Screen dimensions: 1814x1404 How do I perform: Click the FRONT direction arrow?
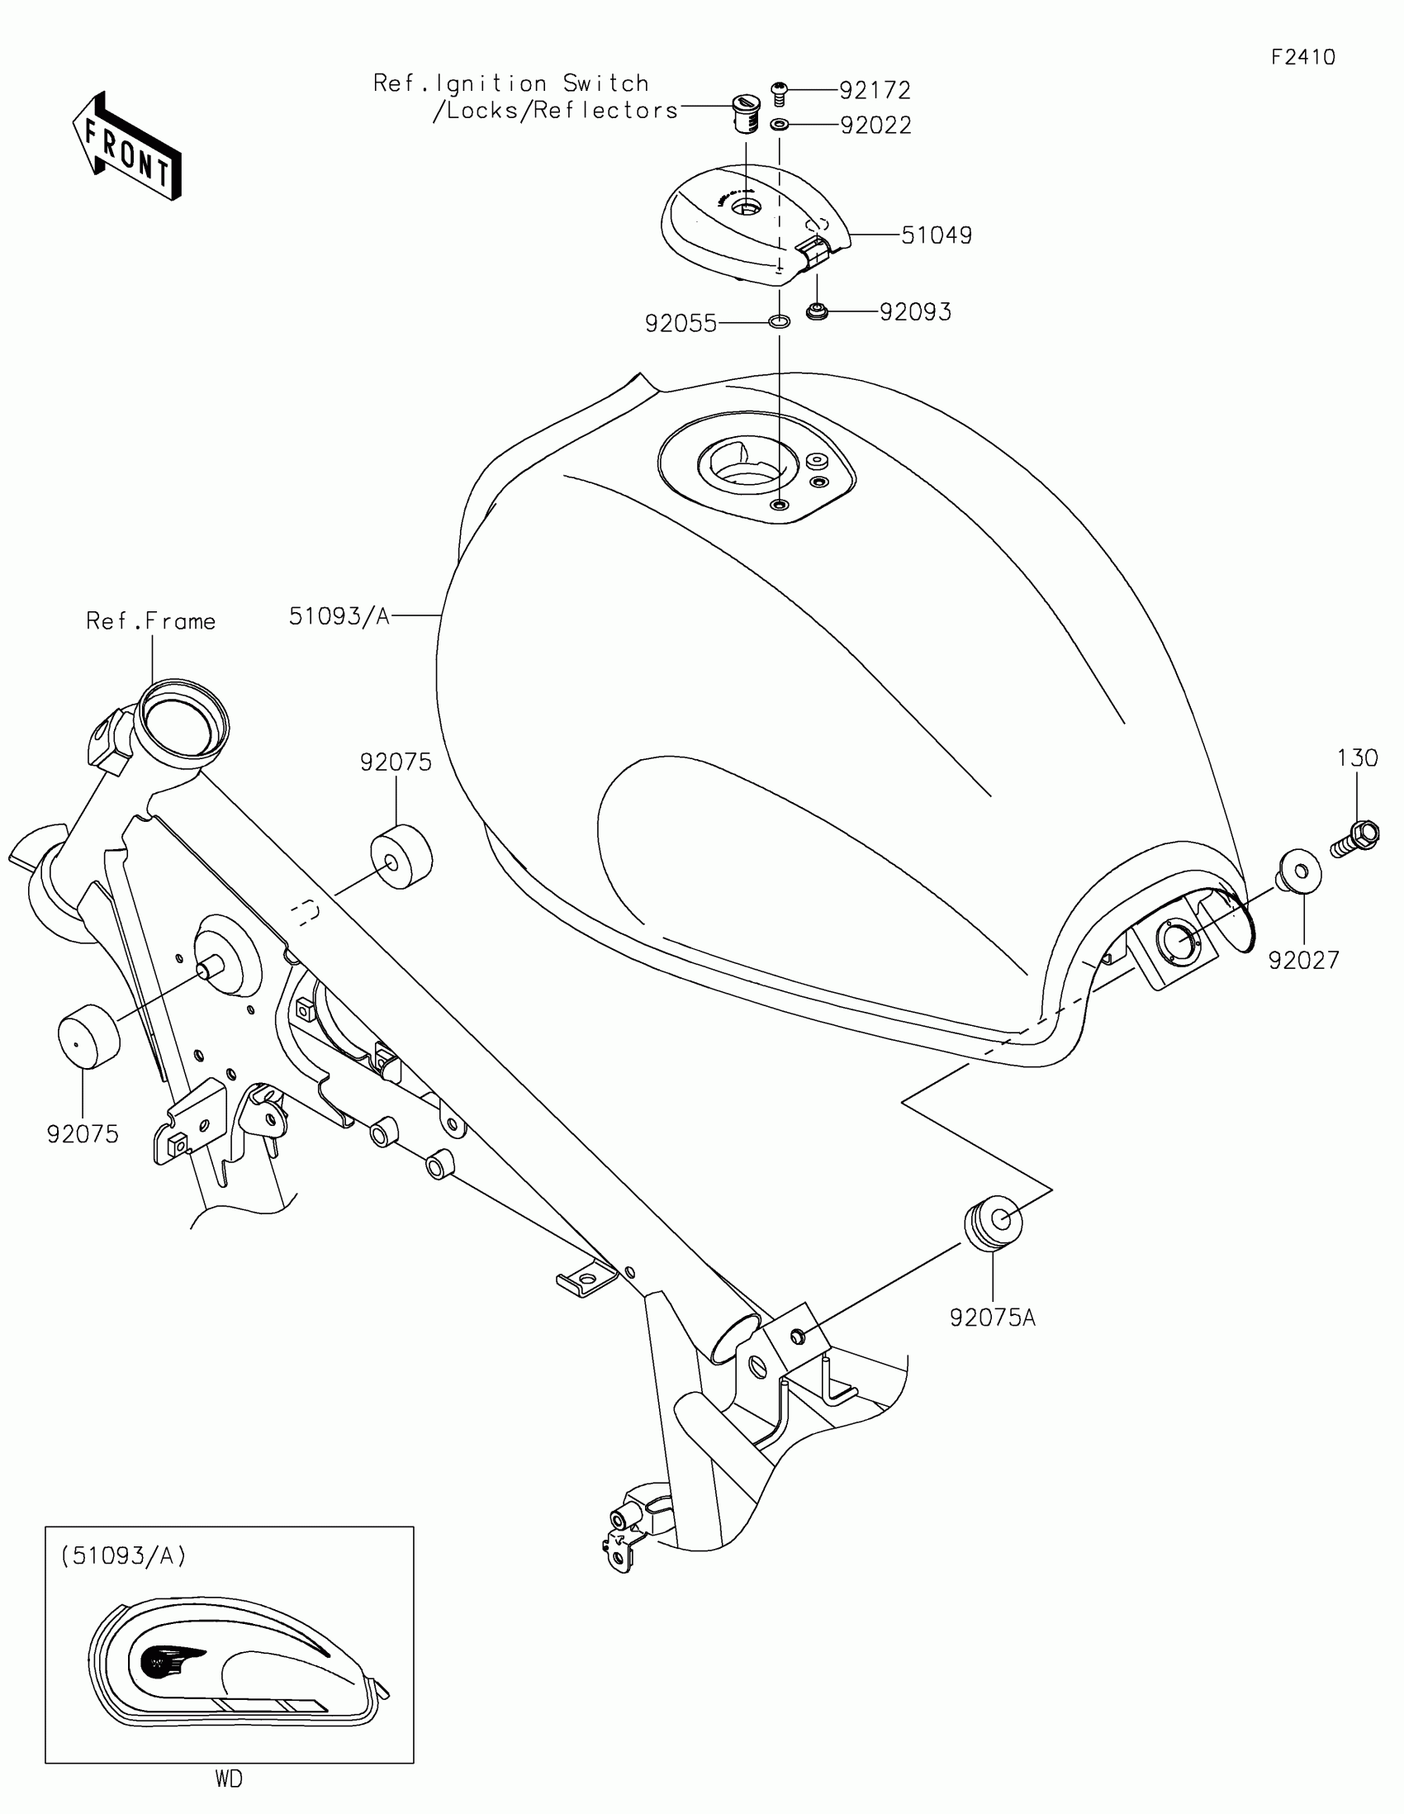[126, 146]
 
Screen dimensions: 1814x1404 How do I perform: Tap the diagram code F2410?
[1302, 57]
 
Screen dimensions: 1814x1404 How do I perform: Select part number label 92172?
[875, 90]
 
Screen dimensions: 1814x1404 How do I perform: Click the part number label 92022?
[876, 126]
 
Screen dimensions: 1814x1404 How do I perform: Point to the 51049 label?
[937, 236]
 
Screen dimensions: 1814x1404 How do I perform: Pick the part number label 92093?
[915, 312]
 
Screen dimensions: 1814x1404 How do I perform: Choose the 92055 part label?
[681, 324]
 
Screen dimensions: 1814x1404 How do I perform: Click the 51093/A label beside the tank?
[339, 615]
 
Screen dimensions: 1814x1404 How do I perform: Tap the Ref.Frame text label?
[151, 621]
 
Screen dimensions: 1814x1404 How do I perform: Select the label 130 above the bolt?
[1358, 758]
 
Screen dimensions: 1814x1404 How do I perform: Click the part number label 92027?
[1303, 960]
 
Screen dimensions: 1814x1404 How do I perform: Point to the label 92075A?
[992, 1318]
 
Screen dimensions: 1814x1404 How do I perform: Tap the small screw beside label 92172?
[779, 93]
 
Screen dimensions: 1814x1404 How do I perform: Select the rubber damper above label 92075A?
[992, 1221]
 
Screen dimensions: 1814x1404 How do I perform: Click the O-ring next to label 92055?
[779, 321]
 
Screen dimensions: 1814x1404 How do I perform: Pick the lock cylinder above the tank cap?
[745, 114]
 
